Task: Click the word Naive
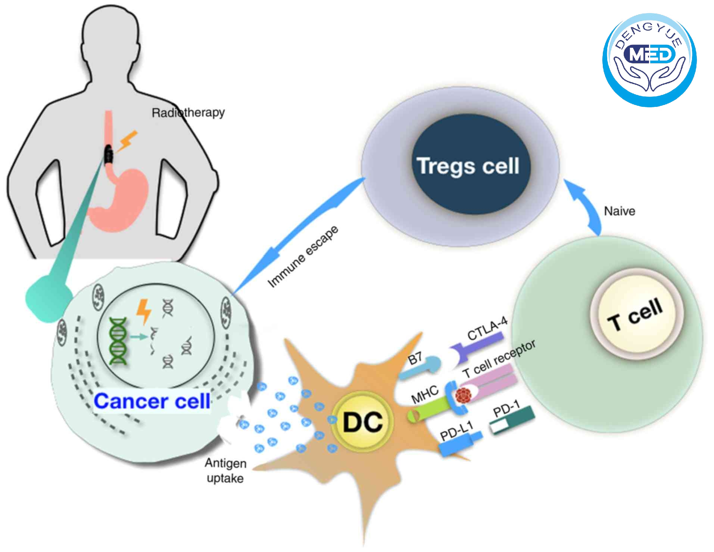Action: click(619, 211)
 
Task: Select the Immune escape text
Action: click(303, 256)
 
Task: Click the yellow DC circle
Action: click(362, 422)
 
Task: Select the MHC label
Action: click(425, 394)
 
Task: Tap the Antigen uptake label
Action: click(225, 471)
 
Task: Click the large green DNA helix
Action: click(118, 340)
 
